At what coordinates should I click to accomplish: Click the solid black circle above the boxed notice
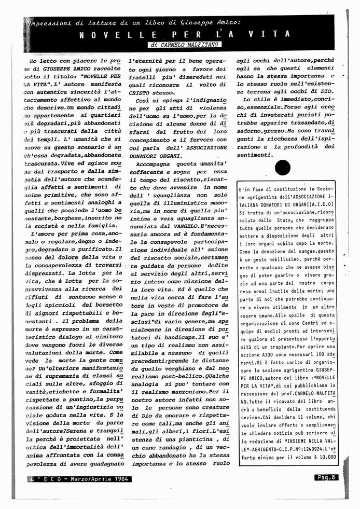(x=283, y=168)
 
